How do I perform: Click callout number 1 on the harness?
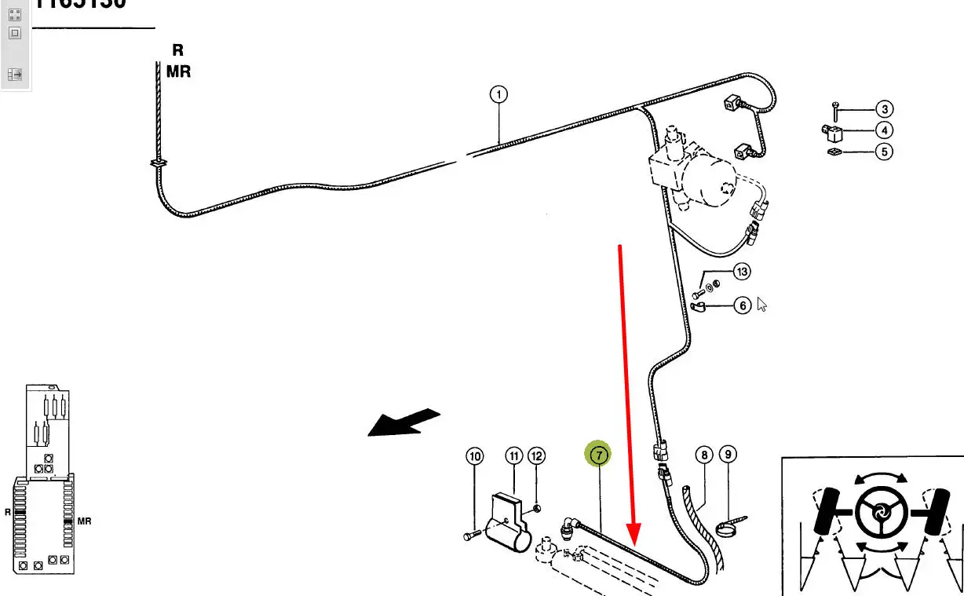pos(498,96)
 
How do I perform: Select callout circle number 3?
pos(885,110)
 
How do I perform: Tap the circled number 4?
pos(885,130)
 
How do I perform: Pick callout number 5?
pos(885,151)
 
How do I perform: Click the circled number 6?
pos(743,305)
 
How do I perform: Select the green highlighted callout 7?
pos(598,454)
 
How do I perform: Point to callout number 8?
pos(704,455)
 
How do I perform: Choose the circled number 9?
pos(728,455)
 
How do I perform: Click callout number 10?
pos(474,455)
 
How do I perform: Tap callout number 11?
pos(513,455)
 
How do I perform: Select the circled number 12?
pos(536,455)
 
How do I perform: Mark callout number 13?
pos(742,272)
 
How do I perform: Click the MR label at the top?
pos(178,71)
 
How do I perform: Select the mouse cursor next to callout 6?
pos(761,304)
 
